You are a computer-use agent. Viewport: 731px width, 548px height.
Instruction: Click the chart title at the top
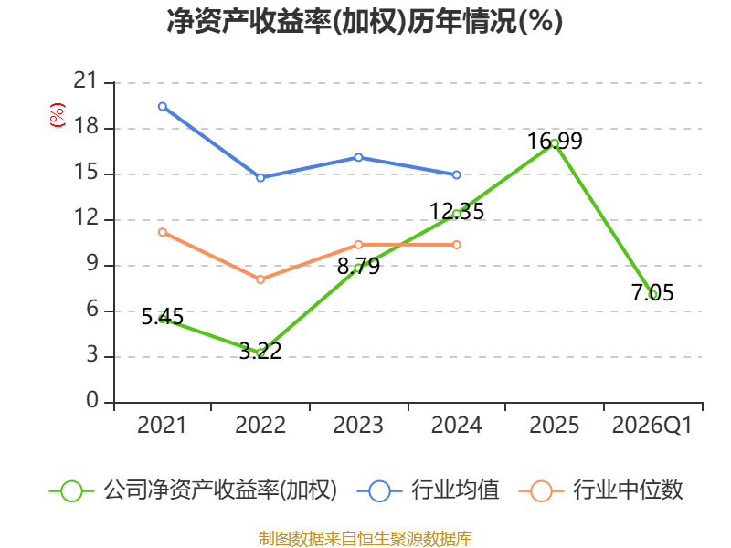point(365,21)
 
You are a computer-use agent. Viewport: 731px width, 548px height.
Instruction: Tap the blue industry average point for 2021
point(163,107)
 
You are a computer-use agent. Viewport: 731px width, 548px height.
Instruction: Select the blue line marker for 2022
point(260,177)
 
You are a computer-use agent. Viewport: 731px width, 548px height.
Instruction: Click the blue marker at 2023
point(358,157)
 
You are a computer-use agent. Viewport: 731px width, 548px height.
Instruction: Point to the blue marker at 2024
point(456,174)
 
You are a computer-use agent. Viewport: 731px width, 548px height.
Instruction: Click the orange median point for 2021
point(163,232)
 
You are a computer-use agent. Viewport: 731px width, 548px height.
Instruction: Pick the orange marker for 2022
point(260,279)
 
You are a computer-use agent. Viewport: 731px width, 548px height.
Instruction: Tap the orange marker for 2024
point(456,245)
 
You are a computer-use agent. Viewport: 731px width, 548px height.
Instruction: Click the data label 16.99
point(555,141)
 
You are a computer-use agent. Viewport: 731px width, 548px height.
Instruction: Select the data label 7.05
point(652,292)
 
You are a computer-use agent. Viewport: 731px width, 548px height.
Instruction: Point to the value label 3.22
point(260,351)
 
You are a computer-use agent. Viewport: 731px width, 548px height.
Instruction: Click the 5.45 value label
point(163,317)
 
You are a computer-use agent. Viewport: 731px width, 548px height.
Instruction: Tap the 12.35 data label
point(456,211)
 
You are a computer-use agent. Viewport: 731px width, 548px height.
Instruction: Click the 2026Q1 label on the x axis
point(652,425)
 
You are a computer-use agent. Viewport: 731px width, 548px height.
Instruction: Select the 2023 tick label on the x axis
point(358,425)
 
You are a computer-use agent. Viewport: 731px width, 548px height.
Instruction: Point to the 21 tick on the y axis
point(85,80)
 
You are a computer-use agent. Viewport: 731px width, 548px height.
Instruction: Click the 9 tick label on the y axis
point(92,264)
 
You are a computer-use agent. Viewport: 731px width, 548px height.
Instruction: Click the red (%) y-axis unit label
point(58,115)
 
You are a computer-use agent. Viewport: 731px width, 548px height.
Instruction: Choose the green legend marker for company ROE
point(72,491)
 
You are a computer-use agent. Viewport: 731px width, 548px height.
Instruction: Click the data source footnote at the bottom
point(365,539)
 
